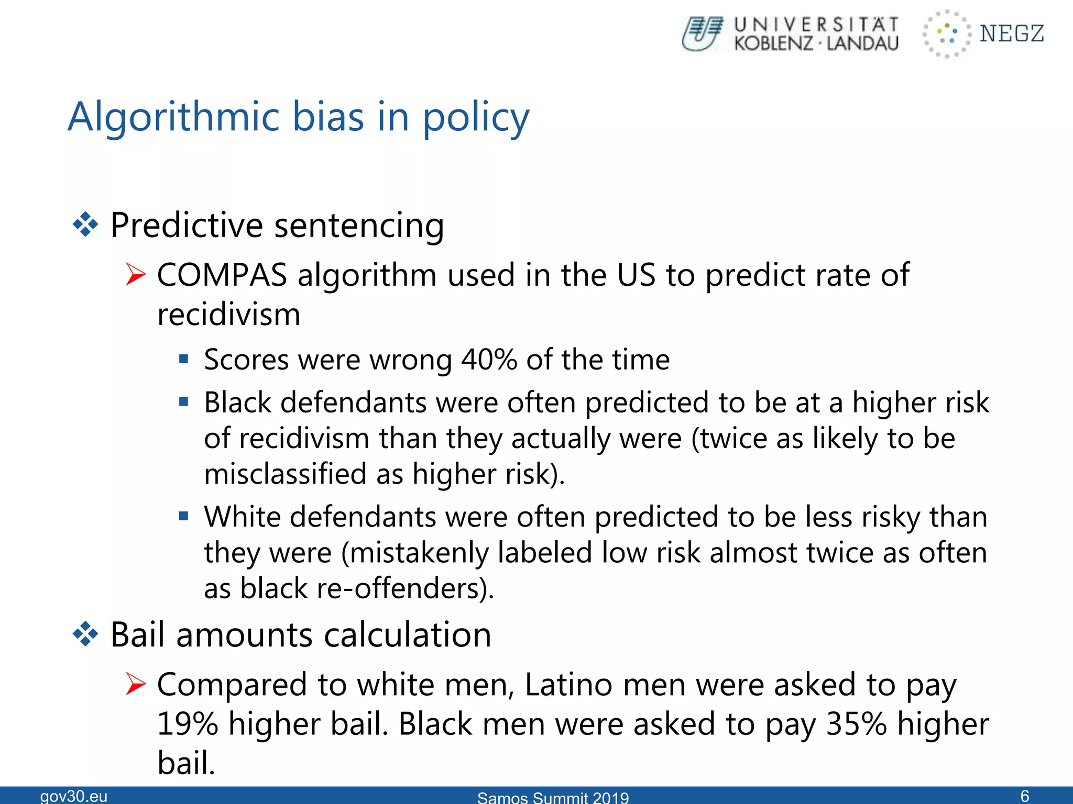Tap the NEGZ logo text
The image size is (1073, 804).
[1011, 33]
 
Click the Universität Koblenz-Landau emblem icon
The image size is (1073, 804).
[702, 33]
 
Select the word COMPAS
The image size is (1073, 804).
[222, 275]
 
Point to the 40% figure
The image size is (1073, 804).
[489, 360]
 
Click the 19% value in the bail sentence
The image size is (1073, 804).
[187, 724]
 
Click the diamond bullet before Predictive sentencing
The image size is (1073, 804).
[85, 226]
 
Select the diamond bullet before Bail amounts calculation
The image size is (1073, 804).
[85, 635]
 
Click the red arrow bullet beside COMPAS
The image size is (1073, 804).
[135, 275]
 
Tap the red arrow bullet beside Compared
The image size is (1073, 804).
[135, 684]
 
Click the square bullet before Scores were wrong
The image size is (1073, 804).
[183, 359]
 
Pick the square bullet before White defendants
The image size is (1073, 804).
[183, 517]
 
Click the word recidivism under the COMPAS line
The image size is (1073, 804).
[229, 315]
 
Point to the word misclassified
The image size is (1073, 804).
[285, 474]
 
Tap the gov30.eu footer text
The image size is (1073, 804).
[74, 796]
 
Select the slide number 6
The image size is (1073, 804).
[1025, 796]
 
